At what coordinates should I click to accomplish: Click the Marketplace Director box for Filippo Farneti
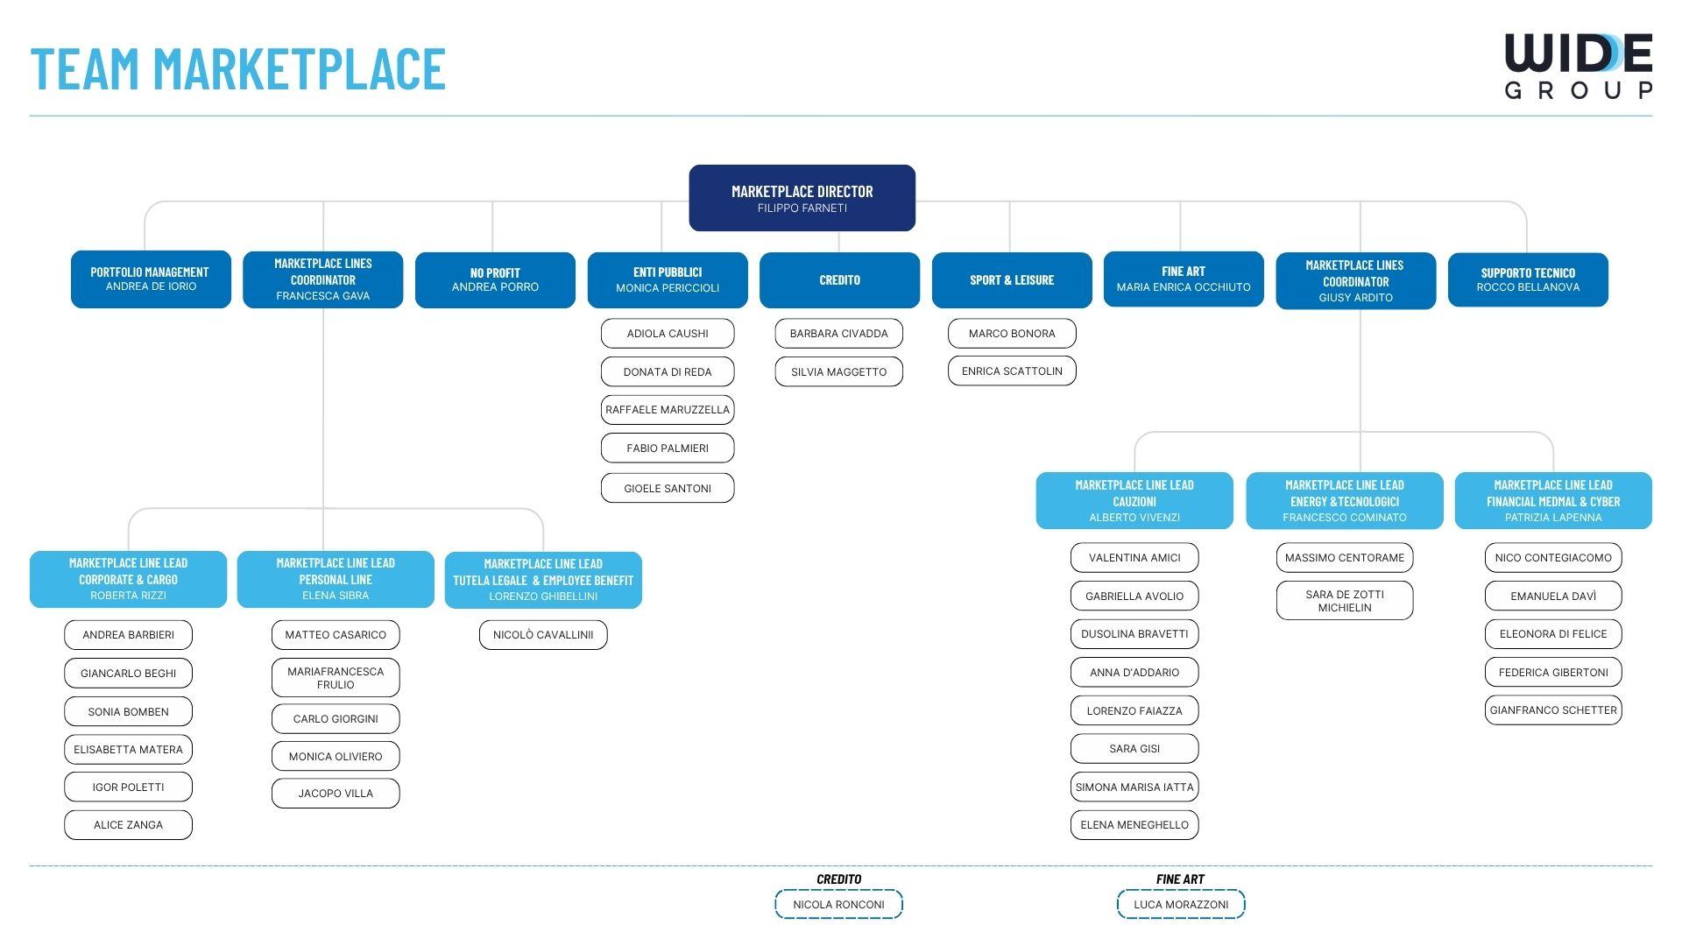pyautogui.click(x=802, y=198)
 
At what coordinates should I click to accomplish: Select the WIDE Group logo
pyautogui.click(x=1578, y=66)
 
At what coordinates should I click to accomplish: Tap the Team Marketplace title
pyautogui.click(x=238, y=69)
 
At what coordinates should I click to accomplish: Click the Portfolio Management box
pyautogui.click(x=151, y=279)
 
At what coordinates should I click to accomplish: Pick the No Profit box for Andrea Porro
pyautogui.click(x=495, y=280)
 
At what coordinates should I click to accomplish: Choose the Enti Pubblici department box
pyautogui.click(x=668, y=280)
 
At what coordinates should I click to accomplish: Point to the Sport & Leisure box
pyautogui.click(x=1012, y=280)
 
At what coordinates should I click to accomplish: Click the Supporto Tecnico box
pyautogui.click(x=1528, y=280)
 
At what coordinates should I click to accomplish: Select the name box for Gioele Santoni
pyautogui.click(x=668, y=488)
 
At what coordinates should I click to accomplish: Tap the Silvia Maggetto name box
pyautogui.click(x=838, y=371)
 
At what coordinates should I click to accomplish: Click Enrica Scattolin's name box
pyautogui.click(x=1012, y=371)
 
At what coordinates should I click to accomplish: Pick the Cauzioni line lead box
pyautogui.click(x=1134, y=501)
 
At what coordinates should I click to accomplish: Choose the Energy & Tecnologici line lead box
pyautogui.click(x=1345, y=501)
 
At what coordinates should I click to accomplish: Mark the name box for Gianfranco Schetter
pyautogui.click(x=1553, y=710)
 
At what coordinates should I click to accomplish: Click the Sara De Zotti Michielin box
pyautogui.click(x=1345, y=601)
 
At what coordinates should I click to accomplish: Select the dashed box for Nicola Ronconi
pyautogui.click(x=838, y=904)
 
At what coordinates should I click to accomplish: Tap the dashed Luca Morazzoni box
pyautogui.click(x=1181, y=904)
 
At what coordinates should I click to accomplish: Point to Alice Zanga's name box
pyautogui.click(x=128, y=825)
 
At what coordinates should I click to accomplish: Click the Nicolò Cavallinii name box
pyautogui.click(x=543, y=635)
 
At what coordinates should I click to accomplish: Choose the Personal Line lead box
pyautogui.click(x=336, y=579)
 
